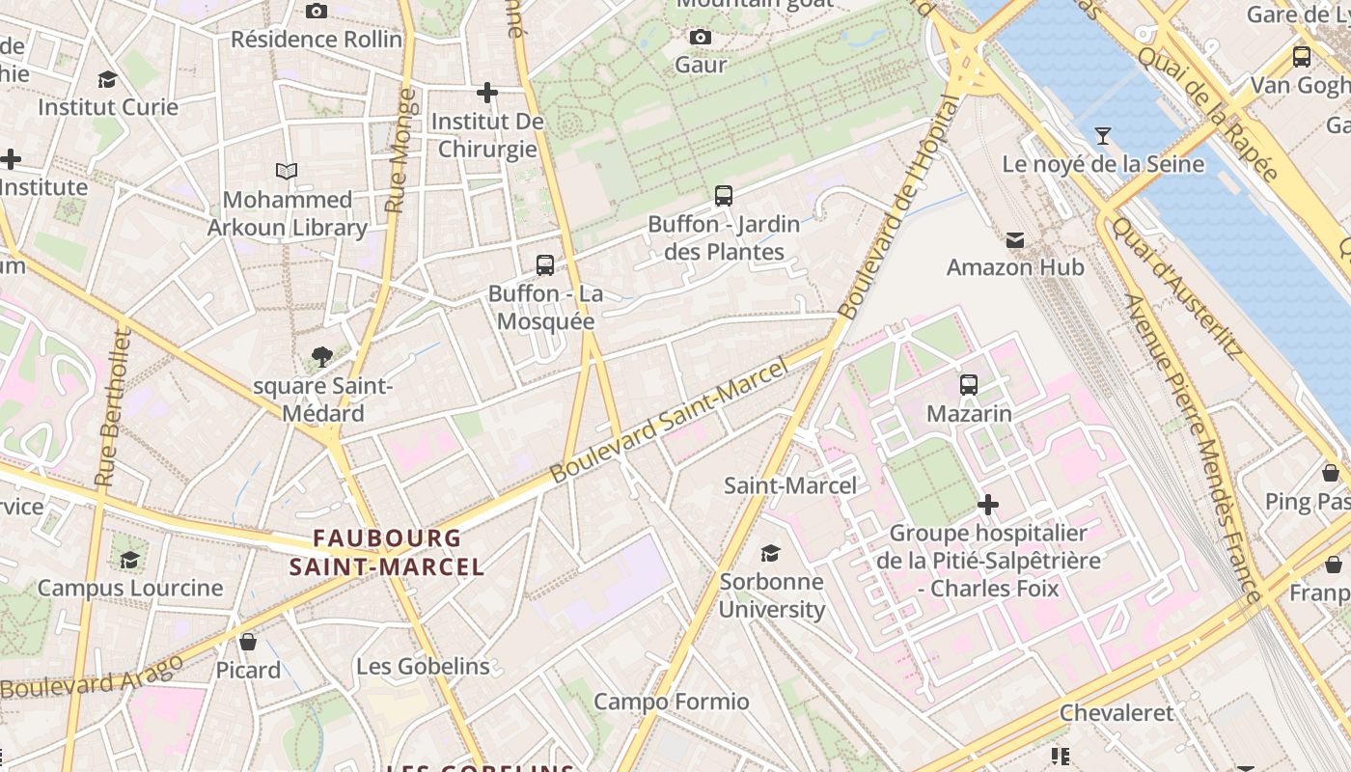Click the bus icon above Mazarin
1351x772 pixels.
tap(969, 385)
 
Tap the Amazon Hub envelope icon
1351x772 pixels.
tap(1015, 239)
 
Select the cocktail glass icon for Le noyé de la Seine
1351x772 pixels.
tap(1103, 136)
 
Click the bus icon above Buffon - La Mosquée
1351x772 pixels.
tap(545, 265)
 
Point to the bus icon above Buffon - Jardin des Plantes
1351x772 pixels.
tap(724, 196)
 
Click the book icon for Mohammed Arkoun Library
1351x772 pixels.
tap(287, 172)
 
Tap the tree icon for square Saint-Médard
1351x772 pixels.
tap(322, 358)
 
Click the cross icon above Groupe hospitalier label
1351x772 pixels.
tap(988, 505)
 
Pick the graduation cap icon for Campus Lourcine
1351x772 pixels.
tap(129, 560)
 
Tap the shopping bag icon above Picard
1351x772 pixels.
tap(248, 642)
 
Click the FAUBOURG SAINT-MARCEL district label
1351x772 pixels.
tap(387, 552)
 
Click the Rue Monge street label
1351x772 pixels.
tap(400, 151)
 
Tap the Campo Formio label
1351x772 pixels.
tap(671, 702)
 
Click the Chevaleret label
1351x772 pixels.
tap(1117, 713)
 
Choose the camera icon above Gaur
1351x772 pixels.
tap(701, 38)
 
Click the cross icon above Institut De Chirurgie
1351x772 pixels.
tap(487, 93)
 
